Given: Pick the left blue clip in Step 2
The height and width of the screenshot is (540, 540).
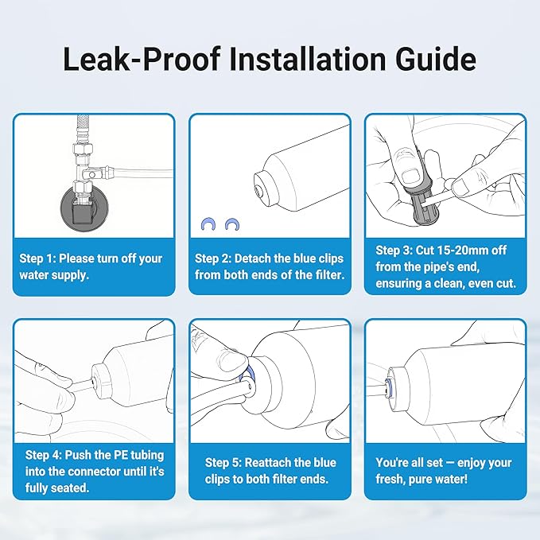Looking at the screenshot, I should coord(206,224).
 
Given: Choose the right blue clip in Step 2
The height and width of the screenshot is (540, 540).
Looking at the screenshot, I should coord(233,224).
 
